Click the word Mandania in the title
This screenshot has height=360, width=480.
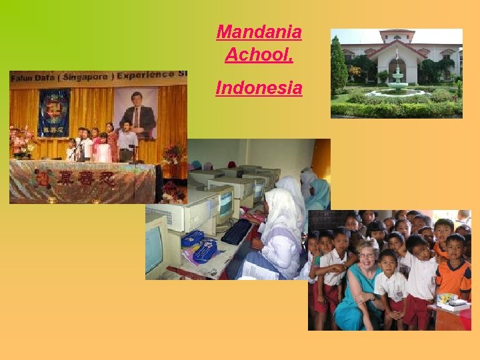(x=259, y=31)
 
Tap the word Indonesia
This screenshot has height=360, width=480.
(x=259, y=87)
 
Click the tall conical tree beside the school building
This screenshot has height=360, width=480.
(x=339, y=67)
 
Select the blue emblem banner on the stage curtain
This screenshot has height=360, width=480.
(x=53, y=113)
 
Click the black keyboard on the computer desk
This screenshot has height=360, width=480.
(x=236, y=232)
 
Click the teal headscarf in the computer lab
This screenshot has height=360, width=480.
(x=319, y=193)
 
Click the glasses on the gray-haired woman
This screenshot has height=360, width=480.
(x=367, y=255)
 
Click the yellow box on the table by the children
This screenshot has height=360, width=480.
(x=445, y=300)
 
